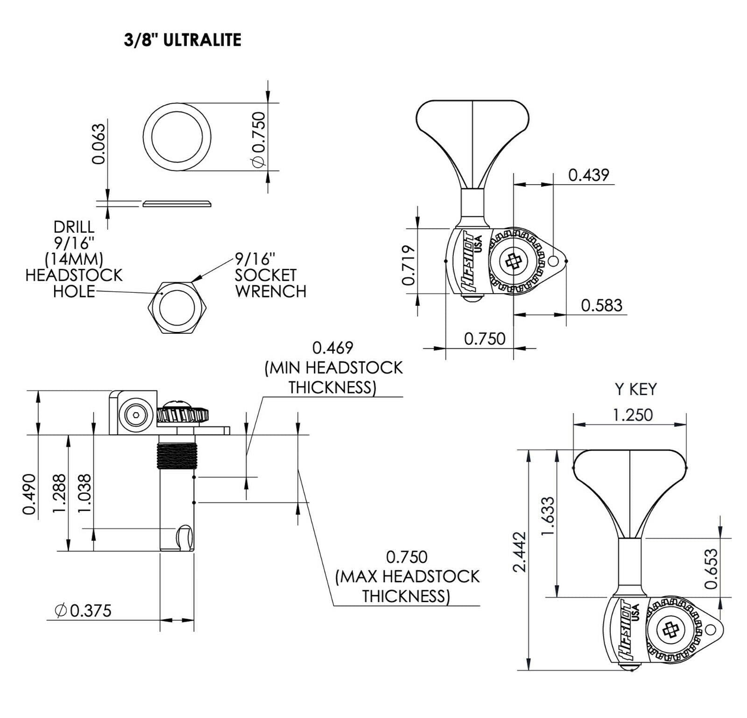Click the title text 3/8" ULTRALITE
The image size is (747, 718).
click(183, 40)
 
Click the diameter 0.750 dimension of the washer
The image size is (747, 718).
click(258, 138)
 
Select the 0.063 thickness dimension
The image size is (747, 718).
click(99, 144)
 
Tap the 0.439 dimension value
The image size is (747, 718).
click(588, 175)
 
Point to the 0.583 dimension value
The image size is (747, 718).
click(601, 305)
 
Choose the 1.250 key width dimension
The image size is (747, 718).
click(633, 415)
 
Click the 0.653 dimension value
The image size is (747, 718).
click(711, 569)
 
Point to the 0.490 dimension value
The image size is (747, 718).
click(29, 493)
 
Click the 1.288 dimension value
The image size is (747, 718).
click(60, 493)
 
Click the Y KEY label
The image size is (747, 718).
click(636, 389)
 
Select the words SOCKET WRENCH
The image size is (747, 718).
click(271, 283)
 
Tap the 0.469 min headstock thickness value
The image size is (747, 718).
click(333, 348)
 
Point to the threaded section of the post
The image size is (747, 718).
click(177, 455)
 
